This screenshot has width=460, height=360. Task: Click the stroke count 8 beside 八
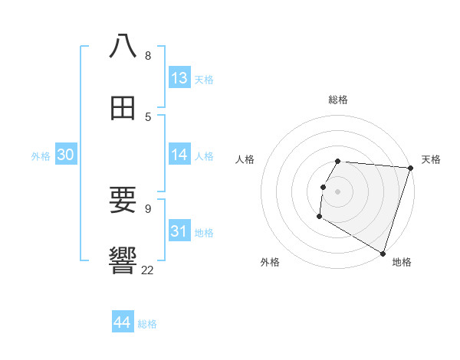tap(148, 55)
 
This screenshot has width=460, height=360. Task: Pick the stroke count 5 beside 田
tap(148, 116)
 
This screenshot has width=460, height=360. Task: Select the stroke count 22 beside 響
tap(147, 270)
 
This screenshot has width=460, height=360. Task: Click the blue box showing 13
tap(179, 78)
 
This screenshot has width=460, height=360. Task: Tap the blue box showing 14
tap(179, 155)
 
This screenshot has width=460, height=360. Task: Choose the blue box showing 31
tap(179, 231)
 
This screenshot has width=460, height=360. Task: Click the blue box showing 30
tap(66, 155)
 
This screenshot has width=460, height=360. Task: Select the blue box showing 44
tap(123, 322)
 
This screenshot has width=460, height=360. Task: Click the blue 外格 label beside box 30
tap(41, 156)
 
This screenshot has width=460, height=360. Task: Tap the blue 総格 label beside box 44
tap(147, 324)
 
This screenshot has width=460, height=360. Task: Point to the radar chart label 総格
tap(338, 100)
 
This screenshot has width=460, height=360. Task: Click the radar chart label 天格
tap(432, 159)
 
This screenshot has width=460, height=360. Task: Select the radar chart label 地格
tap(402, 262)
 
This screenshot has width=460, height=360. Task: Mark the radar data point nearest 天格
tap(410, 168)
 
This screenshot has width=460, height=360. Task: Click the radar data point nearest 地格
tap(383, 253)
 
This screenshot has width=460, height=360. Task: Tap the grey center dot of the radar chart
tap(338, 191)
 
